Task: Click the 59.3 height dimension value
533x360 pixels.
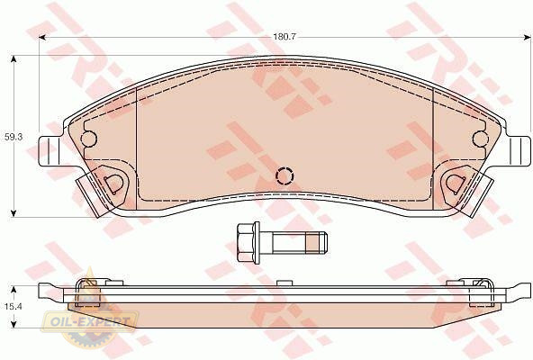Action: point(14,138)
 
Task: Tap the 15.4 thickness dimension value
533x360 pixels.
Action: point(14,307)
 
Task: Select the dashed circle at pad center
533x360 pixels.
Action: point(285,176)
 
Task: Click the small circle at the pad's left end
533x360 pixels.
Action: point(89,139)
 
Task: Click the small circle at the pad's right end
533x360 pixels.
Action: point(481,139)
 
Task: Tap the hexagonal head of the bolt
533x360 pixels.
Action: point(246,242)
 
